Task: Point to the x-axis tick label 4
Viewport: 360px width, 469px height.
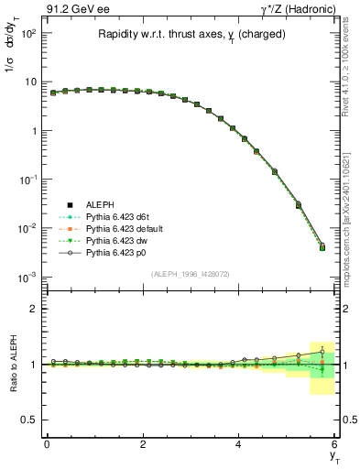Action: point(238,444)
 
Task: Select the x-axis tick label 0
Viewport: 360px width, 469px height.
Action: point(47,444)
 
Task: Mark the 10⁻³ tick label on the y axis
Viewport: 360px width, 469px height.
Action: point(28,276)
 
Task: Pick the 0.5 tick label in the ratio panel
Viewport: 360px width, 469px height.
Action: point(29,420)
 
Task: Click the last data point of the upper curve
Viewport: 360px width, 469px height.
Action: point(322,245)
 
